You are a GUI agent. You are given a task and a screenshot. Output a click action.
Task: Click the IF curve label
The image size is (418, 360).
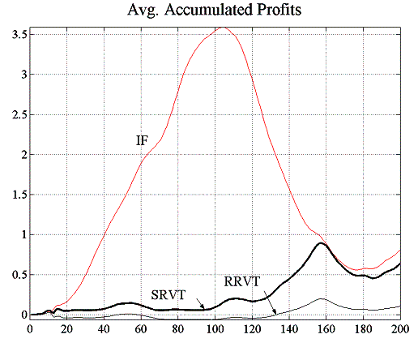[x=142, y=141]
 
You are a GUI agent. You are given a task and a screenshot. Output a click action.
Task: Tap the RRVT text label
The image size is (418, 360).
[x=241, y=282]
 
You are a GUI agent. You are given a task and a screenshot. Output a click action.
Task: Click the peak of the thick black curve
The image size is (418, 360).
[x=322, y=243]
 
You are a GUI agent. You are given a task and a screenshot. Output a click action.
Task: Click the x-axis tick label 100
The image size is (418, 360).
[x=215, y=328]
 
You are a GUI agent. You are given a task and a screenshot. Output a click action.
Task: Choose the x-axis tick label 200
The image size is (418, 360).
[x=399, y=328]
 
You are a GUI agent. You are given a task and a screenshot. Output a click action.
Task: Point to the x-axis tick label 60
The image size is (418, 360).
[x=140, y=328]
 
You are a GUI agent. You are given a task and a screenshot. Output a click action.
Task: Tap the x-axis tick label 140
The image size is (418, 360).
[x=288, y=328]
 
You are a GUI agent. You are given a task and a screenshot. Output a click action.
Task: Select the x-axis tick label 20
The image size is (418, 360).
[x=66, y=328]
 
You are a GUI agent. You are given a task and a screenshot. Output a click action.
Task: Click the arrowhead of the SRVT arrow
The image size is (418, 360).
[x=203, y=307]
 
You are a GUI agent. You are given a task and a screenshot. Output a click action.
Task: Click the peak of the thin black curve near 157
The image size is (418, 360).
[x=322, y=298]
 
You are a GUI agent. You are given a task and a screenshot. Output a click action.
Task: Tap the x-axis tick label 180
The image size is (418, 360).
[x=362, y=328]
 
